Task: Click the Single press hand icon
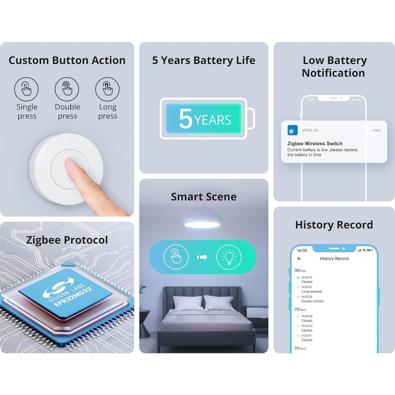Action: [26, 89]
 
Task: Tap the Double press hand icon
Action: [67, 89]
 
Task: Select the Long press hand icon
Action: [107, 89]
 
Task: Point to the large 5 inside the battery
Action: [185, 119]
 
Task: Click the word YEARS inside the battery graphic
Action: [213, 120]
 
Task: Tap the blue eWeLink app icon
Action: [292, 130]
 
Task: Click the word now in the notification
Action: [376, 130]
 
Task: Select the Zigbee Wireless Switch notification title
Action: [315, 144]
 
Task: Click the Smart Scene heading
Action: [204, 197]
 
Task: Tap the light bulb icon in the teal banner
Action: [229, 257]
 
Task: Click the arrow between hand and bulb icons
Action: [202, 257]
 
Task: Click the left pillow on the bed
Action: [187, 302]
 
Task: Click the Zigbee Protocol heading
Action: [67, 240]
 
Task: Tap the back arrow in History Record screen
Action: [299, 259]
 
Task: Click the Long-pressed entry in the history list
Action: [312, 292]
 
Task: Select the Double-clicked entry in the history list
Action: [313, 301]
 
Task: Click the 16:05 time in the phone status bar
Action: [302, 251]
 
